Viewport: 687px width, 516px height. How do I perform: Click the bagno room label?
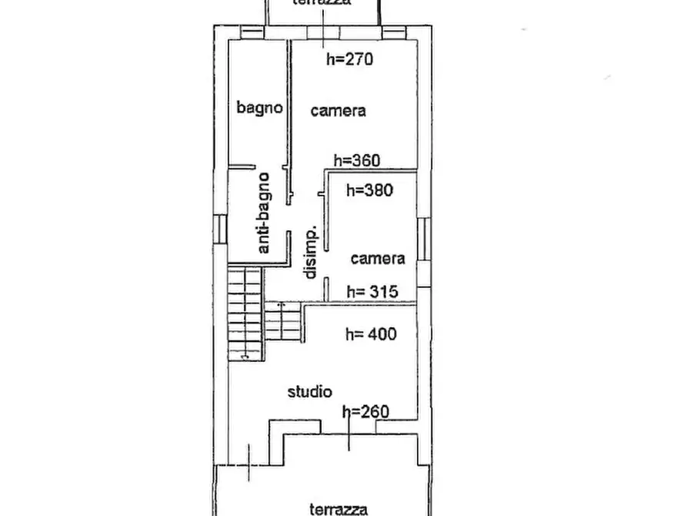pyautogui.click(x=259, y=108)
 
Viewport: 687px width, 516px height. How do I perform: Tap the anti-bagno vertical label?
pyautogui.click(x=263, y=213)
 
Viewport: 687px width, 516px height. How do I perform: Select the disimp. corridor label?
pyautogui.click(x=310, y=253)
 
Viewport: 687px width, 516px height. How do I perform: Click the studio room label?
pyautogui.click(x=310, y=391)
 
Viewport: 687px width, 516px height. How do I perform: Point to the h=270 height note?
pyautogui.click(x=349, y=59)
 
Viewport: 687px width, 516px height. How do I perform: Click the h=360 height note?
pyautogui.click(x=357, y=161)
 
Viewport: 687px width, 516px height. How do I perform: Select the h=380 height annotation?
pyautogui.click(x=369, y=190)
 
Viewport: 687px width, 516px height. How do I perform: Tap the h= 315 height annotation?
pyautogui.click(x=372, y=291)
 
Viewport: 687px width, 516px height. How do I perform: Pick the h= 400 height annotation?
pyautogui.click(x=371, y=334)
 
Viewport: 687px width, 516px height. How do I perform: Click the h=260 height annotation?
pyautogui.click(x=365, y=411)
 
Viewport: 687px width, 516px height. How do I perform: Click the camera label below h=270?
pyautogui.click(x=338, y=111)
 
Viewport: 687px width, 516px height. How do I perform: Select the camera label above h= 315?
pyautogui.click(x=378, y=259)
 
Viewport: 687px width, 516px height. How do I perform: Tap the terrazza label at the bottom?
pyautogui.click(x=338, y=509)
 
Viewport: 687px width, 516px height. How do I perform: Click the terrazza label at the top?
pyautogui.click(x=322, y=2)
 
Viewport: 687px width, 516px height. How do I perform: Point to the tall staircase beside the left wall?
pyautogui.click(x=245, y=314)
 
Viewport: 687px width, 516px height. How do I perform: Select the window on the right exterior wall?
pyautogui.click(x=423, y=240)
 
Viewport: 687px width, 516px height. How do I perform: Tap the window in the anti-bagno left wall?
pyautogui.click(x=220, y=229)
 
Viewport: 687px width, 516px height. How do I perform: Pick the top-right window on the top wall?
pyautogui.click(x=394, y=32)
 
